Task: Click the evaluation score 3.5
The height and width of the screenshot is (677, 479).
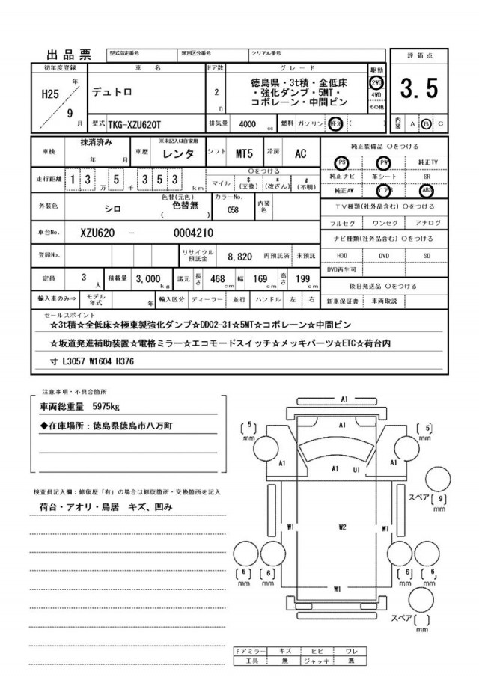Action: tap(418, 89)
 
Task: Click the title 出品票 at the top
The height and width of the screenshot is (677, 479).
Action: tap(69, 54)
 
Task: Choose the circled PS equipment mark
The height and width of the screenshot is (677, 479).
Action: tap(342, 162)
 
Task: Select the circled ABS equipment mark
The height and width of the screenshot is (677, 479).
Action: tap(427, 190)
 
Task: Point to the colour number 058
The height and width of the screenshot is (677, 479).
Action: tap(233, 210)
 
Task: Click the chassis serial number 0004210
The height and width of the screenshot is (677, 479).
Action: tap(172, 232)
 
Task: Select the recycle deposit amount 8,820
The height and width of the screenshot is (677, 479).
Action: tap(239, 256)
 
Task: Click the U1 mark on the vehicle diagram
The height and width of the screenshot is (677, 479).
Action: tap(357, 469)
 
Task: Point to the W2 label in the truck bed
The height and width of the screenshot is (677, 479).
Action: tap(341, 527)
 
